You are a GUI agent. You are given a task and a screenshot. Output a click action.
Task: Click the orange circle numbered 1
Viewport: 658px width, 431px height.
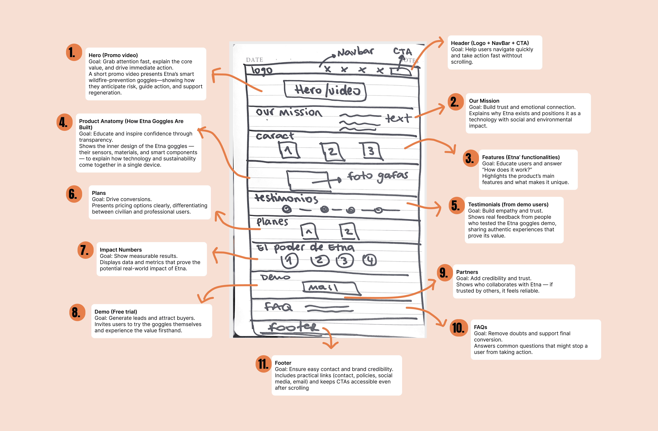[x=74, y=52]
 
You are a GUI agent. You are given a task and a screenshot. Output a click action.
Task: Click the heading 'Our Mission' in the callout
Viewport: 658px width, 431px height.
[x=484, y=101]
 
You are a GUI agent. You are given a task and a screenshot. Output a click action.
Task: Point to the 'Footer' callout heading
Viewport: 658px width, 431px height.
[x=283, y=363]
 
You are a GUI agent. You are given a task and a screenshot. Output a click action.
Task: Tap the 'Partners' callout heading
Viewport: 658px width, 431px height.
[x=467, y=272]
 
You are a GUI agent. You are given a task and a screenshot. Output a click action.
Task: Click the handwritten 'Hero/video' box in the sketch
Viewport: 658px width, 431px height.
[x=325, y=91]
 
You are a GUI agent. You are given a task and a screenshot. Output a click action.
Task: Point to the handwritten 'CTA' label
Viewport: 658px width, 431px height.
[x=402, y=51]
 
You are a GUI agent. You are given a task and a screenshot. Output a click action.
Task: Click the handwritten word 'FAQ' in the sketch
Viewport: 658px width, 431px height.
[x=278, y=307]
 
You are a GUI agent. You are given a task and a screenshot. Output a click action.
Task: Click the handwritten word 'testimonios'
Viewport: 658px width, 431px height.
[x=286, y=198]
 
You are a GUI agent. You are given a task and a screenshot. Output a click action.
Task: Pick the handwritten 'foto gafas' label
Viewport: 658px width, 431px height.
[x=377, y=176]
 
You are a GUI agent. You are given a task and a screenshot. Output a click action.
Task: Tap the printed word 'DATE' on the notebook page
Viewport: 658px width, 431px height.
[x=254, y=60]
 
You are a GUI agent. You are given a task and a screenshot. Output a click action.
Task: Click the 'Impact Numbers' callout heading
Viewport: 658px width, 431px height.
[x=121, y=250]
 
